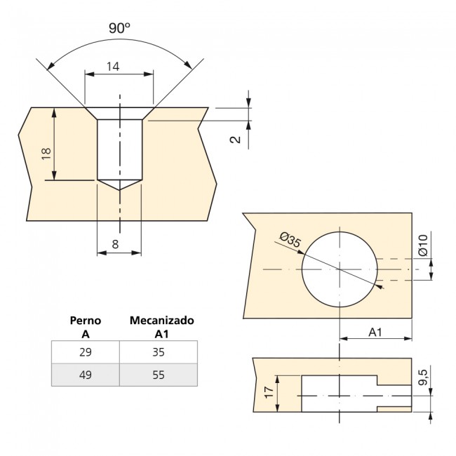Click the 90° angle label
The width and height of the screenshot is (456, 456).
pyautogui.click(x=119, y=28)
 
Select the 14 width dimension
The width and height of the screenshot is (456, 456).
pyautogui.click(x=112, y=67)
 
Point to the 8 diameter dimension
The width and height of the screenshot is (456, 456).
pyautogui.click(x=115, y=245)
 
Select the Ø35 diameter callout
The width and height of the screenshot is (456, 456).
pyautogui.click(x=290, y=242)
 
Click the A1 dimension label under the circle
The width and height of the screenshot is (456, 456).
pyautogui.click(x=375, y=332)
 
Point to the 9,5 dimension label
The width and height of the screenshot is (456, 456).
pyautogui.click(x=422, y=377)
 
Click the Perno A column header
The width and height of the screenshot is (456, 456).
pyautogui.click(x=86, y=326)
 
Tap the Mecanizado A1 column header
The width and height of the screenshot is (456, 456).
pyautogui.click(x=162, y=326)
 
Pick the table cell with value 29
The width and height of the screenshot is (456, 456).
pyautogui.click(x=86, y=352)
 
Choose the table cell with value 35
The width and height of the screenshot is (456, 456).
pyautogui.click(x=159, y=352)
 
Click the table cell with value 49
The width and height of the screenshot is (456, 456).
pyautogui.click(x=86, y=375)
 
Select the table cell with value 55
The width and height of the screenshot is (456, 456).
pyautogui.click(x=159, y=375)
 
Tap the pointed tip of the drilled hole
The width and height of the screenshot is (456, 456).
pyautogui.click(x=119, y=189)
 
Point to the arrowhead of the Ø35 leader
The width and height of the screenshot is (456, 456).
pyautogui.click(x=380, y=285)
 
